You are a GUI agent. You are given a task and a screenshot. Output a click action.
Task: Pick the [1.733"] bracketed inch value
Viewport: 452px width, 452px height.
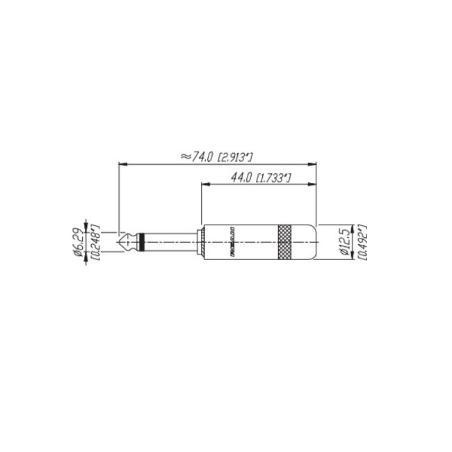coord(273,179)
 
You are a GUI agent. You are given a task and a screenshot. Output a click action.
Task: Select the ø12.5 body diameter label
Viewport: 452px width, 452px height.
coord(346,241)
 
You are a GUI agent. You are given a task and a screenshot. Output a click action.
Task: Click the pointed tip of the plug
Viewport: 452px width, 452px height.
coord(120,242)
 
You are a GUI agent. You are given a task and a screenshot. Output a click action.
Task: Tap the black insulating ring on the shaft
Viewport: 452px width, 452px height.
coord(142,242)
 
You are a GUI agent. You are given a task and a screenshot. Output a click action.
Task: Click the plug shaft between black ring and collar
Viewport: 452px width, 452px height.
coord(170,242)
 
